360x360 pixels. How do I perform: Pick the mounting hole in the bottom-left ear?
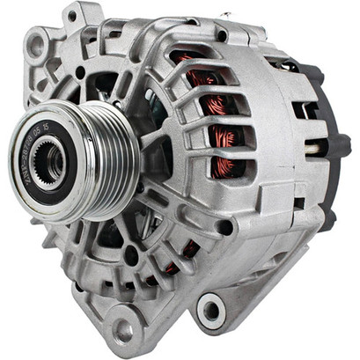123,331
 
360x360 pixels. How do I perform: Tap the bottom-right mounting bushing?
211,310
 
